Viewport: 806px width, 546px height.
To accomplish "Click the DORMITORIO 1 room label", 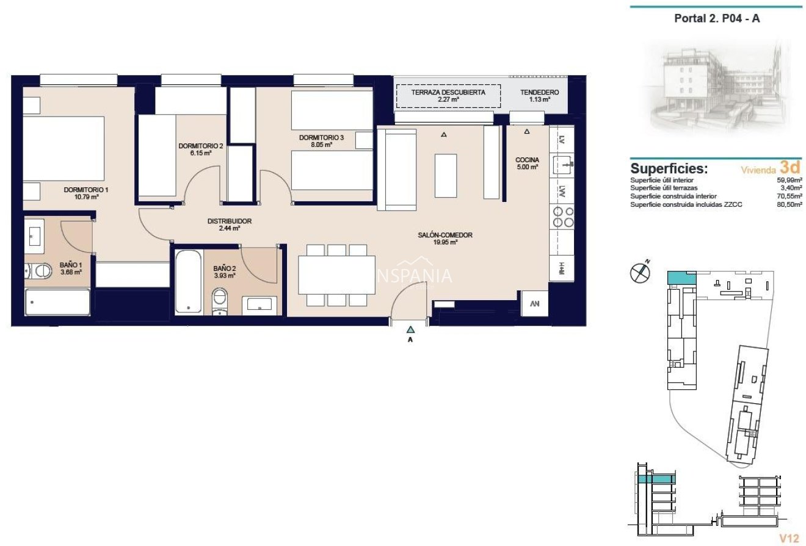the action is click(x=86, y=190).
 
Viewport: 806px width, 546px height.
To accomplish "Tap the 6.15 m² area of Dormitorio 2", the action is click(x=201, y=153).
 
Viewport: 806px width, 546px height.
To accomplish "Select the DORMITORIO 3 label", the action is click(x=321, y=137).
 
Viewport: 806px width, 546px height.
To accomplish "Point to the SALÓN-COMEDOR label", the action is click(x=445, y=235).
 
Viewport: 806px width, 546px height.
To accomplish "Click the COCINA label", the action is click(x=527, y=160).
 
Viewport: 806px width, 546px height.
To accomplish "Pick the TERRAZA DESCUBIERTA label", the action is click(x=448, y=92).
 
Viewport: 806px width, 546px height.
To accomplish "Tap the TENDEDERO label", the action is click(x=539, y=92).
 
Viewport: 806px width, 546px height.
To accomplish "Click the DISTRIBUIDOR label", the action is click(x=230, y=221).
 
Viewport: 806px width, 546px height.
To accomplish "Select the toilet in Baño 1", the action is click(x=38, y=271).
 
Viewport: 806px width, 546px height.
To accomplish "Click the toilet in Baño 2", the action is click(x=219, y=301).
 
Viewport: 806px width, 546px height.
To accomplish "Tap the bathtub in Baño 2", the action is click(x=188, y=281).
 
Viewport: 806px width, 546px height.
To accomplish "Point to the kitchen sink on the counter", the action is click(x=563, y=165).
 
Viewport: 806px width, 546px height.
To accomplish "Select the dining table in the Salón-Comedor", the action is click(x=337, y=275).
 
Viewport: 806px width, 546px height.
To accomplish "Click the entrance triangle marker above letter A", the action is click(x=410, y=329).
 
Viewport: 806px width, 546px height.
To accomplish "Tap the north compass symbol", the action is click(x=640, y=272).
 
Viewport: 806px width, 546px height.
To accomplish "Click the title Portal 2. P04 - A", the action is click(x=717, y=18).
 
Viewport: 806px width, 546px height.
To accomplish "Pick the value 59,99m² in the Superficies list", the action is click(x=790, y=180).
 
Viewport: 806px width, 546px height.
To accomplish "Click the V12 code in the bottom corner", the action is click(x=789, y=538).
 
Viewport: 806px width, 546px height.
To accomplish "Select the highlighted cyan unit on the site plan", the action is click(x=681, y=278).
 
